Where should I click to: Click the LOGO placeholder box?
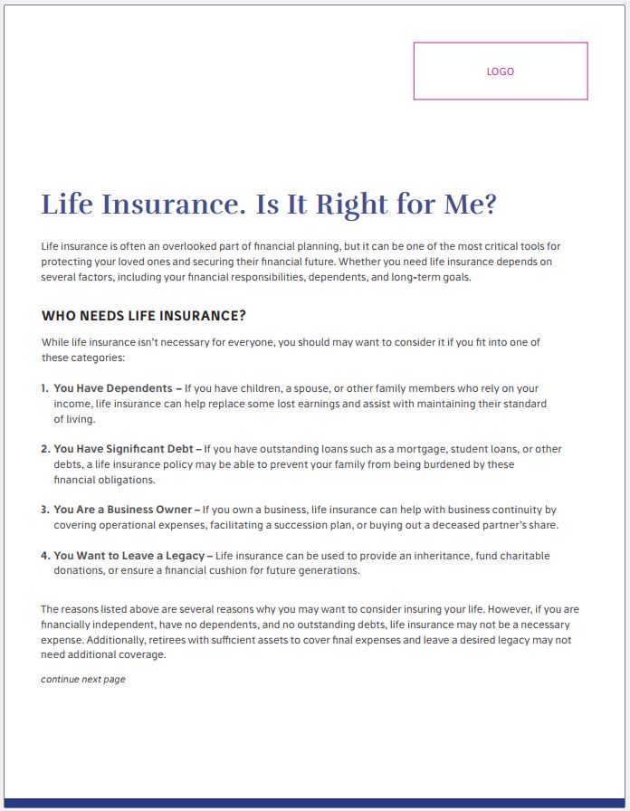[500, 71]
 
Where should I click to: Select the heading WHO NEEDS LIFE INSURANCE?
[144, 316]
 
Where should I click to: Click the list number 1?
[44, 388]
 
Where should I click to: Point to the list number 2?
[44, 449]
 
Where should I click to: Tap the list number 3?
[44, 510]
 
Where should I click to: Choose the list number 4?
[44, 556]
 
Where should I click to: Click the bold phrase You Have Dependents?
[112, 388]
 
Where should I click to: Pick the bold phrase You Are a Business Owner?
[122, 510]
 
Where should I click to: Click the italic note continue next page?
[83, 680]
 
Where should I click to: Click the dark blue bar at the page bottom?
[315, 803]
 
